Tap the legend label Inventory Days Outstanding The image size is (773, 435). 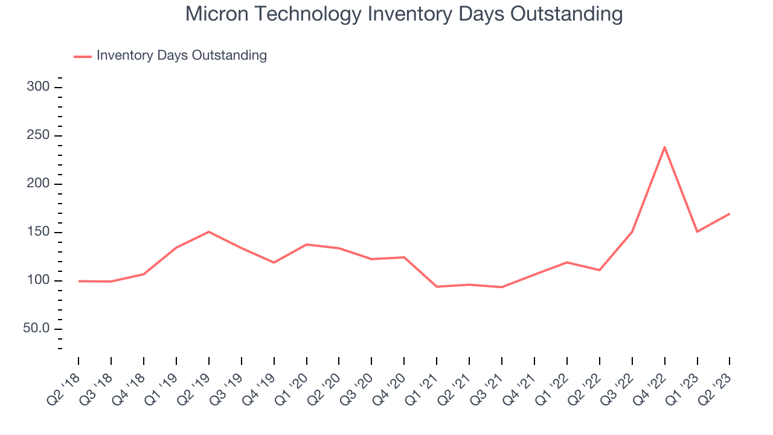pos(181,56)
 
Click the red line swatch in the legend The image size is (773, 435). pos(82,56)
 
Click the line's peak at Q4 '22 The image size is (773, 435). pos(664,147)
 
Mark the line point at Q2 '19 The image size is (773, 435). pos(209,231)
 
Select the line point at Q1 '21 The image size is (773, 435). pos(437,286)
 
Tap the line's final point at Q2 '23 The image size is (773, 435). pos(730,214)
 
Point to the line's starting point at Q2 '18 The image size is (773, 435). pos(79,281)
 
